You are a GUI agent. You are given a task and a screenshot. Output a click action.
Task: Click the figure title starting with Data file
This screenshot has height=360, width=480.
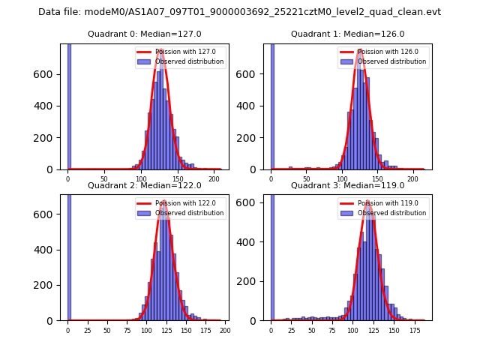(239, 12)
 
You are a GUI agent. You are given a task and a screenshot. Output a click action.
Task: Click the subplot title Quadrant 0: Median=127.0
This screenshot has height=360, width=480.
(144, 34)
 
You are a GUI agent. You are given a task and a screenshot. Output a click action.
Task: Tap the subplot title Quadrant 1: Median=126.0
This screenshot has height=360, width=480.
(347, 34)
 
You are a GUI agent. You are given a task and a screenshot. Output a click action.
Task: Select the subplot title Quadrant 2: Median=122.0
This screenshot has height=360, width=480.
(144, 185)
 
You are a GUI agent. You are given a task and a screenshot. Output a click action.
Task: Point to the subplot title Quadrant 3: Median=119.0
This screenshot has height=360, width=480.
(347, 185)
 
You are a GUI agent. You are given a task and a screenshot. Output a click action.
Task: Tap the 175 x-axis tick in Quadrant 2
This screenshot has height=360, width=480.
(205, 330)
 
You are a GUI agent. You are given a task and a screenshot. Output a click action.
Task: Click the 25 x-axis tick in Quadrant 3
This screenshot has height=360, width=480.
(291, 330)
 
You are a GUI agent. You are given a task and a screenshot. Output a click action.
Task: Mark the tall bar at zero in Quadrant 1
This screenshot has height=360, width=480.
(272, 105)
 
